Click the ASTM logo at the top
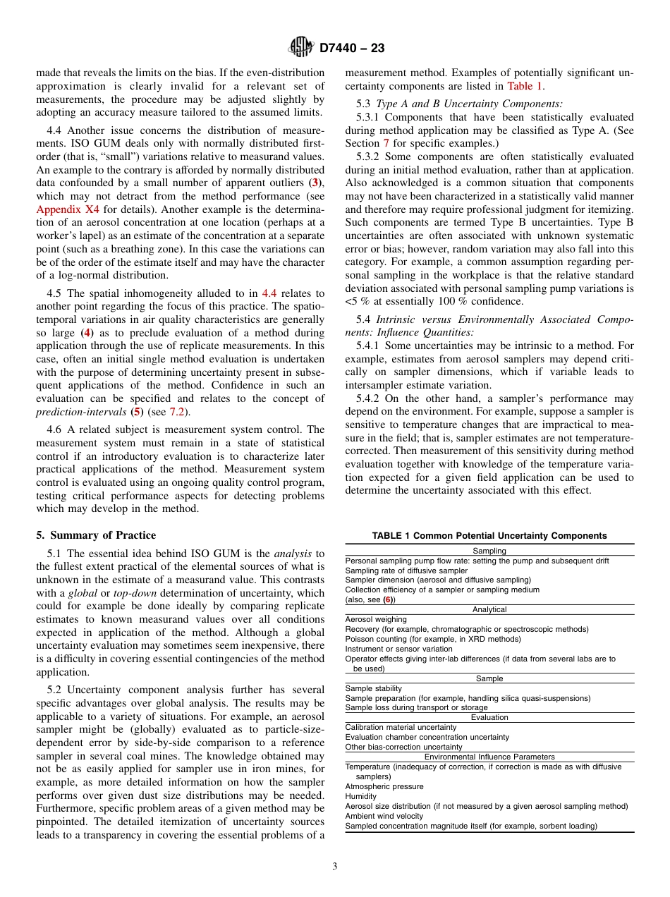tap(302, 48)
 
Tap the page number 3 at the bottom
tap(335, 867)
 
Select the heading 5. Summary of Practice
tap(96, 535)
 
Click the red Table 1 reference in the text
tap(525, 86)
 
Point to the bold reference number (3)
tap(316, 183)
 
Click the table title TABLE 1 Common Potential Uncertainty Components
tap(489, 536)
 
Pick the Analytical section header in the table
tap(489, 609)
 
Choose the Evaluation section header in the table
tap(489, 717)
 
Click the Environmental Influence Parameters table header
tap(489, 757)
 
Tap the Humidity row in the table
tap(361, 796)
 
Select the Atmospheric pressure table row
tap(384, 786)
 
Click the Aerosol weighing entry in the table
tap(377, 619)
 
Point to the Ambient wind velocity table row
tap(384, 816)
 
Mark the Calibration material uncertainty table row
tap(401, 727)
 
